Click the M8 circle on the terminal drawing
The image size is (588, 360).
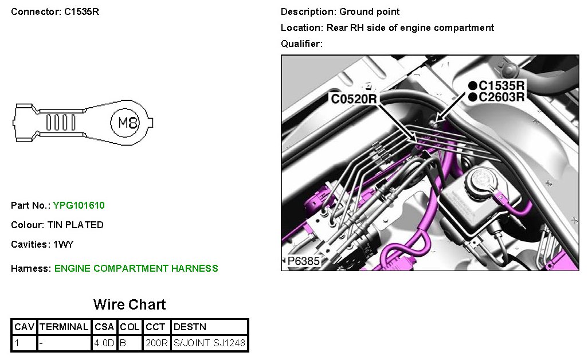(125, 122)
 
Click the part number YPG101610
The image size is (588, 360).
(79, 205)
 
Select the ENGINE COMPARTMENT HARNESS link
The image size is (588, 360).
(136, 268)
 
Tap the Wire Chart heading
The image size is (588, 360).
(130, 304)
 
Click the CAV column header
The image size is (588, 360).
(25, 327)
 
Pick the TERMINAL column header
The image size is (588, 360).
(64, 327)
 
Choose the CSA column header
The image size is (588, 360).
(104, 327)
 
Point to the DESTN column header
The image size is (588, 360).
(190, 327)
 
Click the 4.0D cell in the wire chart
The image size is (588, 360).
(104, 343)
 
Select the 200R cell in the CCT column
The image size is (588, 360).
(156, 343)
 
